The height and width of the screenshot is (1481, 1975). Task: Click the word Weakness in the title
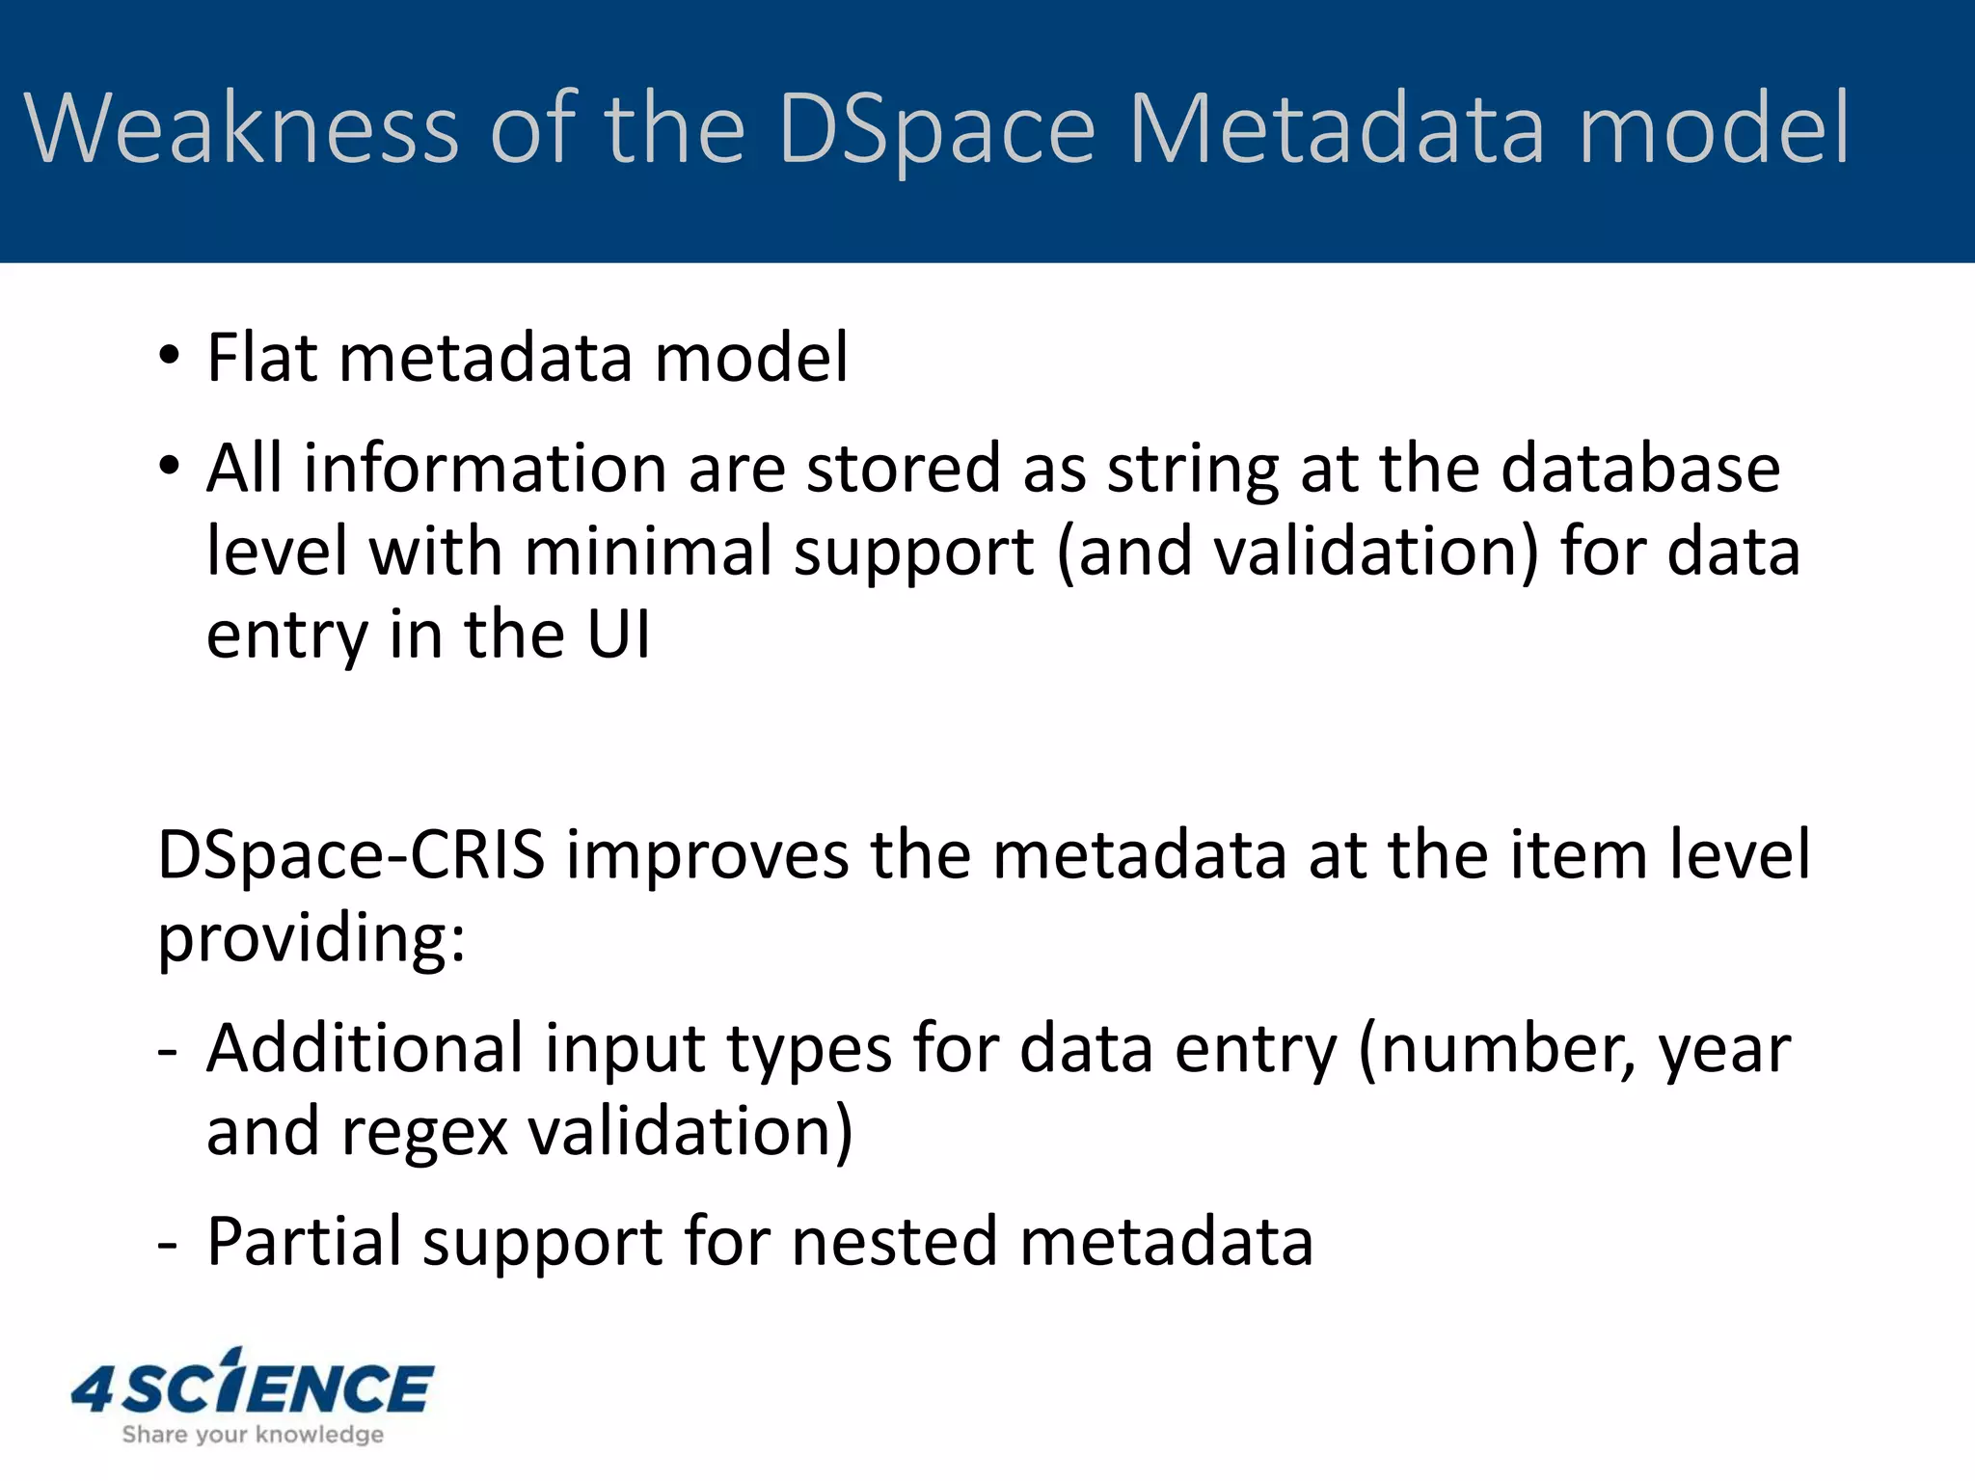pos(242,128)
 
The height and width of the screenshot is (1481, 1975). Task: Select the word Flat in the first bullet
pos(261,358)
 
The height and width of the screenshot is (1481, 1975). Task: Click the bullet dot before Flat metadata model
pos(170,358)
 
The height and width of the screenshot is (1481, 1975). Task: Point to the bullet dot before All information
pos(170,468)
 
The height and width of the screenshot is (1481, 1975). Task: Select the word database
pos(1639,468)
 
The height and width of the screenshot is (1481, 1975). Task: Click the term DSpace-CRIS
pos(351,854)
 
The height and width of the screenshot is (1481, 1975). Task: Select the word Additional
pos(365,1048)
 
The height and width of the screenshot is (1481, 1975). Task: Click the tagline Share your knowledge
pos(253,1435)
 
